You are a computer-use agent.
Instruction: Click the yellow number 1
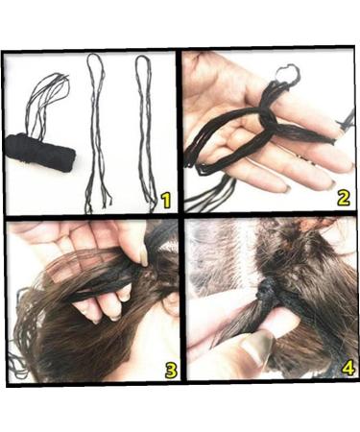click(166, 200)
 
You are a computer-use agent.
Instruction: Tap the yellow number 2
click(343, 198)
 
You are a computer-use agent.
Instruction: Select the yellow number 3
click(171, 370)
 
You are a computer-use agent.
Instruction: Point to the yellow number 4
click(348, 368)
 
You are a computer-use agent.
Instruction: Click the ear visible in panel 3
click(171, 303)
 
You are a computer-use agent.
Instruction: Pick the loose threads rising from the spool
click(48, 103)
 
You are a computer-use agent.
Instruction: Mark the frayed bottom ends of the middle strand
click(98, 202)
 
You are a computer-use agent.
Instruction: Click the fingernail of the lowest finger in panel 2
click(287, 189)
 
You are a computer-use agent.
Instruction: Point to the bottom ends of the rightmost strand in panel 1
click(152, 202)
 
